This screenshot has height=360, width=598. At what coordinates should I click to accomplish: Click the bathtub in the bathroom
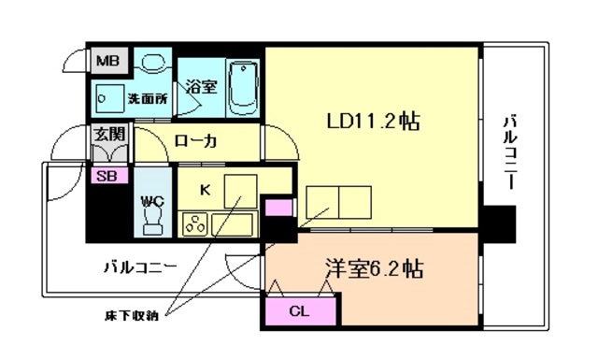click(x=242, y=85)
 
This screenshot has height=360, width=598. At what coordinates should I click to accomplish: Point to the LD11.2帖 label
click(x=372, y=122)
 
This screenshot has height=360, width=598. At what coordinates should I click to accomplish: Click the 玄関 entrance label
click(x=105, y=133)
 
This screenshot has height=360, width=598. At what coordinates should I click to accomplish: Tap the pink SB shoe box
click(x=106, y=174)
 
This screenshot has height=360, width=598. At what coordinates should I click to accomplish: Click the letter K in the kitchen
click(x=206, y=189)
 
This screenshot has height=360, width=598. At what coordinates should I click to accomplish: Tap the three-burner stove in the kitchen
click(x=194, y=225)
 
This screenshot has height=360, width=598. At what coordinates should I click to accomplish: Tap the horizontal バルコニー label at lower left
click(x=140, y=267)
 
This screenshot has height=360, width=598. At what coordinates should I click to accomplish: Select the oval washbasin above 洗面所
click(x=151, y=62)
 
